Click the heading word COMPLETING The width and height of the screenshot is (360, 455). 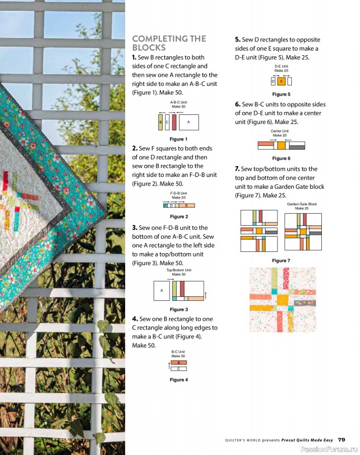pyautogui.click(x=160, y=39)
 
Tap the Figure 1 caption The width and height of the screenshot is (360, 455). pyautogui.click(x=179, y=139)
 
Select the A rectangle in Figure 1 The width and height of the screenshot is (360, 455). pyautogui.click(x=189, y=122)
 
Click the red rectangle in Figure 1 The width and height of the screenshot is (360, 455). pyautogui.click(x=174, y=122)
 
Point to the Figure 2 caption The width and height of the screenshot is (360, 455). pyautogui.click(x=179, y=217)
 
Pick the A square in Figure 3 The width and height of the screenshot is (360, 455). pyautogui.click(x=162, y=291)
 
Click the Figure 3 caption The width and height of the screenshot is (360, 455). pyautogui.click(x=179, y=309)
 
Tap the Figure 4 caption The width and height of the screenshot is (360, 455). pyautogui.click(x=179, y=380)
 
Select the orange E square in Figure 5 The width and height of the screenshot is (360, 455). pyautogui.click(x=281, y=81)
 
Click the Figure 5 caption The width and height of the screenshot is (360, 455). pyautogui.click(x=281, y=94)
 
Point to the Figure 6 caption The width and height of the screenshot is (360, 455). pyautogui.click(x=281, y=159)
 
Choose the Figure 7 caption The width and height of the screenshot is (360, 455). pyautogui.click(x=281, y=260)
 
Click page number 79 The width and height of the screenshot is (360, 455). pyautogui.click(x=341, y=440)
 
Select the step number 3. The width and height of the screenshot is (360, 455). pyautogui.click(x=135, y=228)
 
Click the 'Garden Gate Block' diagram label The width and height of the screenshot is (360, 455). pyautogui.click(x=302, y=204)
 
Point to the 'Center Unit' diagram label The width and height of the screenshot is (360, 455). pyautogui.click(x=280, y=131)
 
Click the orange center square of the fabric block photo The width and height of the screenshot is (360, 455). pyautogui.click(x=283, y=300)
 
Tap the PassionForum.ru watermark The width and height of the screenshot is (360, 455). pyautogui.click(x=329, y=449)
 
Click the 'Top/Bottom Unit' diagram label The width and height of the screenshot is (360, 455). pyautogui.click(x=179, y=270)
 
